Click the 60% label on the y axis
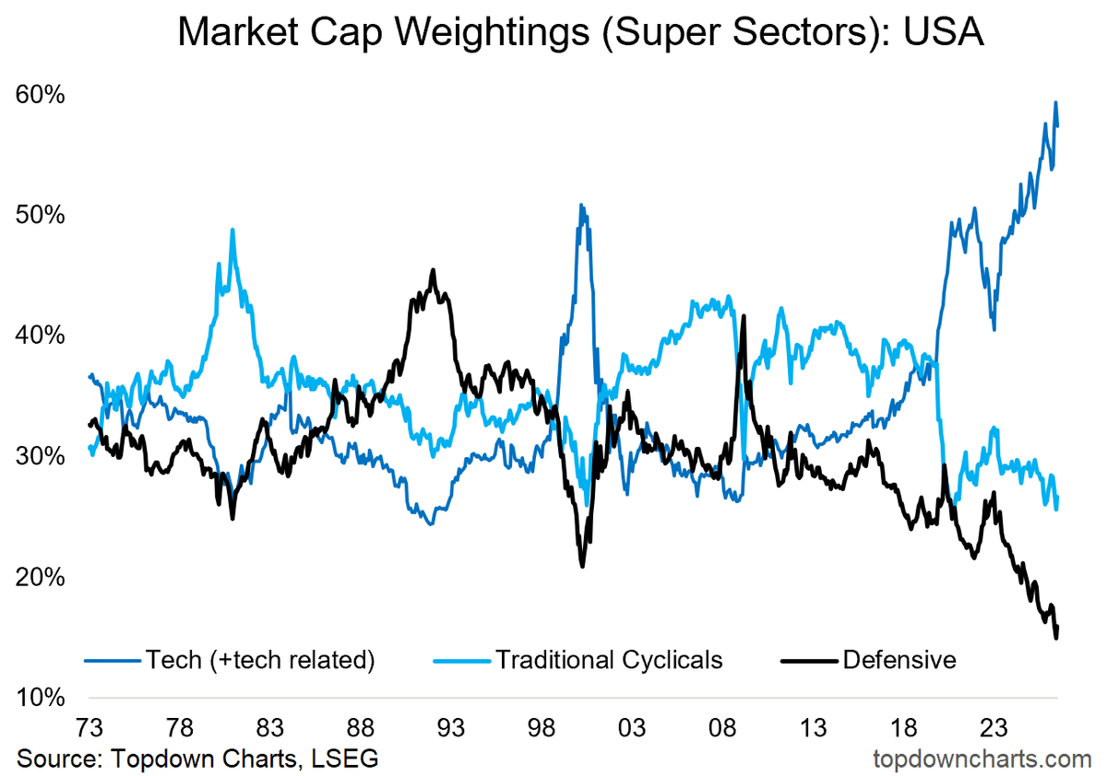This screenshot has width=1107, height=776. click(x=40, y=94)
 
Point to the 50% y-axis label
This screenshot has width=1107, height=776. click(x=40, y=215)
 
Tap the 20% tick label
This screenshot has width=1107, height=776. click(x=40, y=577)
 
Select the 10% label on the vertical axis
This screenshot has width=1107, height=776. click(x=41, y=697)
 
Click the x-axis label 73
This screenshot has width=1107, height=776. click(x=89, y=728)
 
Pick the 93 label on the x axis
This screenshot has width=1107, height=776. click(x=451, y=728)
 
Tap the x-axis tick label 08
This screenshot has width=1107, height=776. click(x=722, y=728)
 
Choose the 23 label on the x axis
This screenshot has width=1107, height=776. click(x=994, y=728)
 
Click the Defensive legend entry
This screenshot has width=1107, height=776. click(x=899, y=660)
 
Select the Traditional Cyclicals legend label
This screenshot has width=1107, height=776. click(x=609, y=660)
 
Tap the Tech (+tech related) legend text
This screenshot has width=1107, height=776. click(x=260, y=660)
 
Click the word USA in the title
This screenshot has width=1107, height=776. click(x=944, y=31)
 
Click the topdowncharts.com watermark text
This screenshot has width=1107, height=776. click(x=982, y=758)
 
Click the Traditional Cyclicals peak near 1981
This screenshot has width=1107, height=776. click(x=232, y=229)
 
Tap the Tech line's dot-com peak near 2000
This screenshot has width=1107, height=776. click(x=581, y=205)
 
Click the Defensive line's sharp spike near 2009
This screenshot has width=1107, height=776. click(x=744, y=315)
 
